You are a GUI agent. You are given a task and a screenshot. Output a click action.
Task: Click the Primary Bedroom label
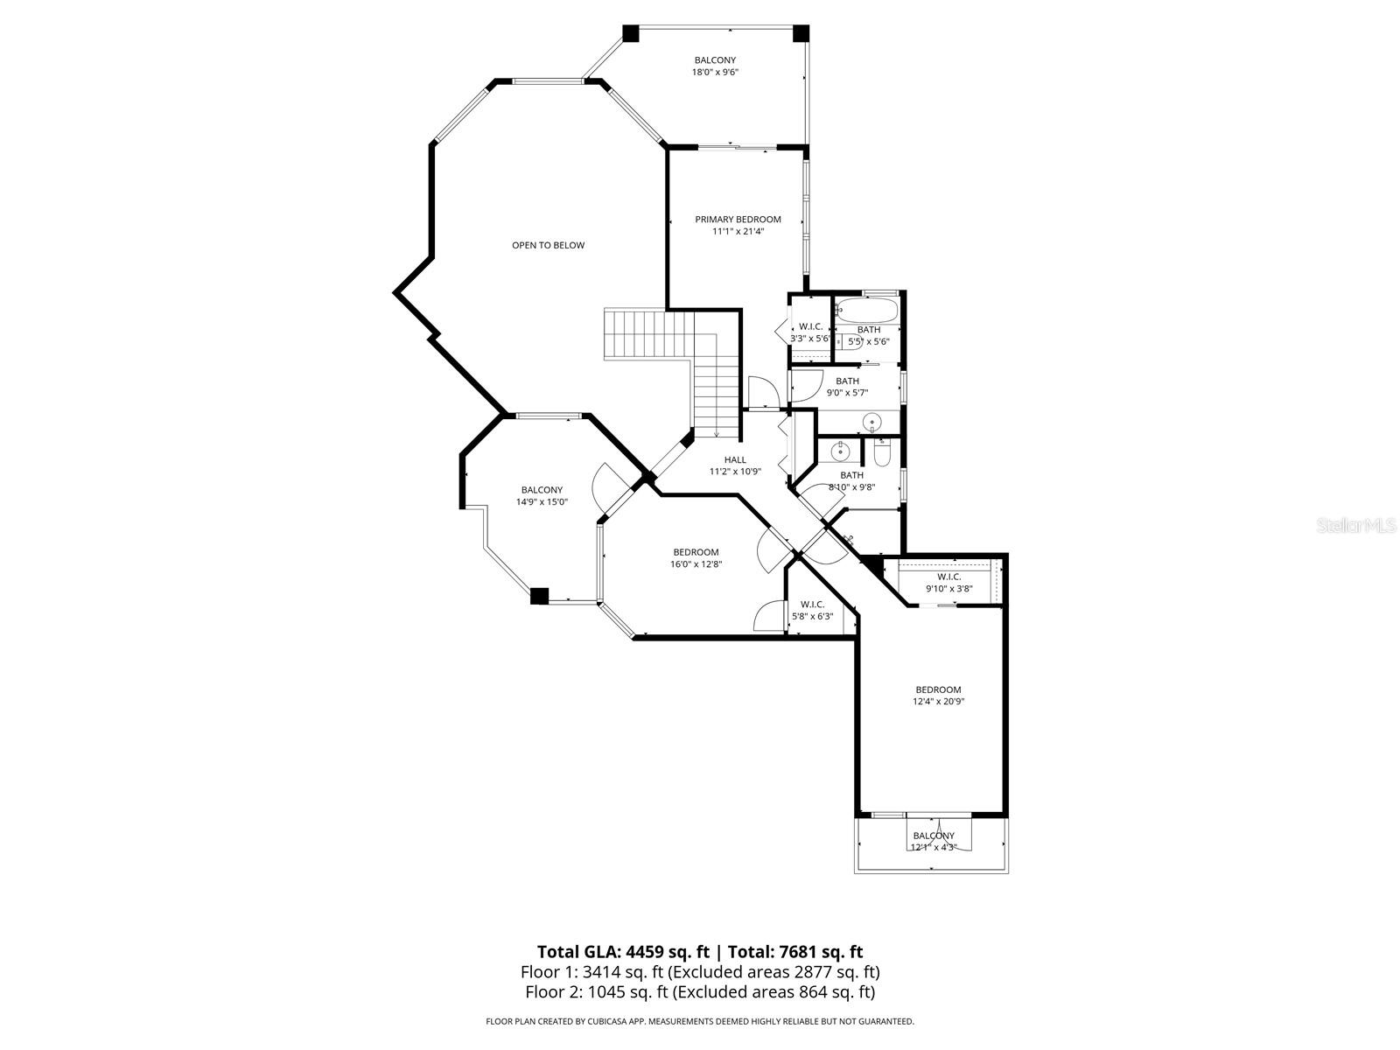pyautogui.click(x=738, y=220)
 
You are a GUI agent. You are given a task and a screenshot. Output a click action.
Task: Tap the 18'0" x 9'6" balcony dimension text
pyautogui.click(x=715, y=73)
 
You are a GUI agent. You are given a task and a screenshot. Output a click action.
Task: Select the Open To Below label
pyautogui.click(x=548, y=246)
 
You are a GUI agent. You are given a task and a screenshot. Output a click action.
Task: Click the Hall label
pyautogui.click(x=735, y=460)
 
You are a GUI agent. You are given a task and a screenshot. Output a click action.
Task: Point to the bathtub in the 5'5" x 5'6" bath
pyautogui.click(x=866, y=311)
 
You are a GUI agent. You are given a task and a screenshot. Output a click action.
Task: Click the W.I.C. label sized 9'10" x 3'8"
pyautogui.click(x=949, y=577)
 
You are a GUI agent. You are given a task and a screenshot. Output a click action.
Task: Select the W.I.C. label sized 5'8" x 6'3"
pyautogui.click(x=812, y=605)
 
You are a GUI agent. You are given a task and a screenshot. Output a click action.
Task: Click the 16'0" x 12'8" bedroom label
pyautogui.click(x=696, y=552)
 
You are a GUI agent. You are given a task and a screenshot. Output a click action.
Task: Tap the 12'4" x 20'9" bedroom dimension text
pyautogui.click(x=938, y=702)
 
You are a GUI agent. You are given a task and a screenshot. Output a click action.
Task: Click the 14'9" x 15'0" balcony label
pyautogui.click(x=542, y=490)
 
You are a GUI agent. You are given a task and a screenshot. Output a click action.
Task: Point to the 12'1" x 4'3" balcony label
pyautogui.click(x=934, y=836)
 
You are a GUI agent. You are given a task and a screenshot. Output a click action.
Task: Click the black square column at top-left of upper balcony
pyautogui.click(x=631, y=33)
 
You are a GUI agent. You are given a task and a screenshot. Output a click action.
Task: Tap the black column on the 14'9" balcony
pyautogui.click(x=539, y=596)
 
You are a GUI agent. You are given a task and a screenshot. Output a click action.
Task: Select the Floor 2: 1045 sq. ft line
pyautogui.click(x=700, y=992)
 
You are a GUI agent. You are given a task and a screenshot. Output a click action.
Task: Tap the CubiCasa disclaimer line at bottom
pyautogui.click(x=700, y=1021)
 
